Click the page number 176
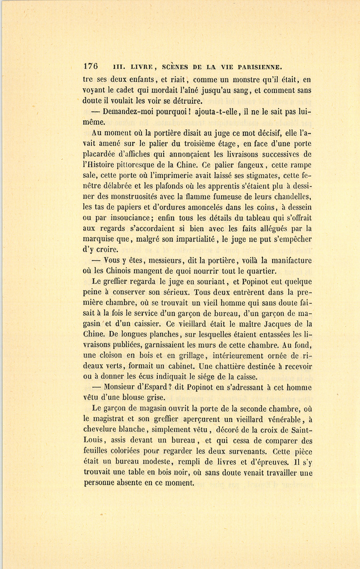pyautogui.click(x=91, y=67)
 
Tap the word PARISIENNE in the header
pyautogui.click(x=260, y=67)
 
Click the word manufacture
pyautogui.click(x=287, y=260)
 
